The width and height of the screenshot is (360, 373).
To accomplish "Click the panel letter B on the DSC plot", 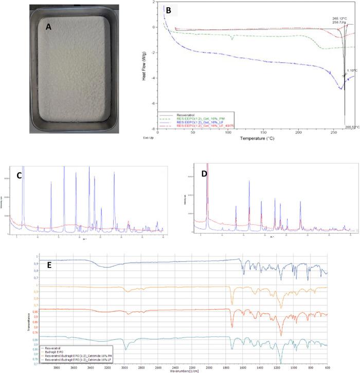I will (x=168, y=10).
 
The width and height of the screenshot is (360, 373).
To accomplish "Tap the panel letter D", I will (x=205, y=174).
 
